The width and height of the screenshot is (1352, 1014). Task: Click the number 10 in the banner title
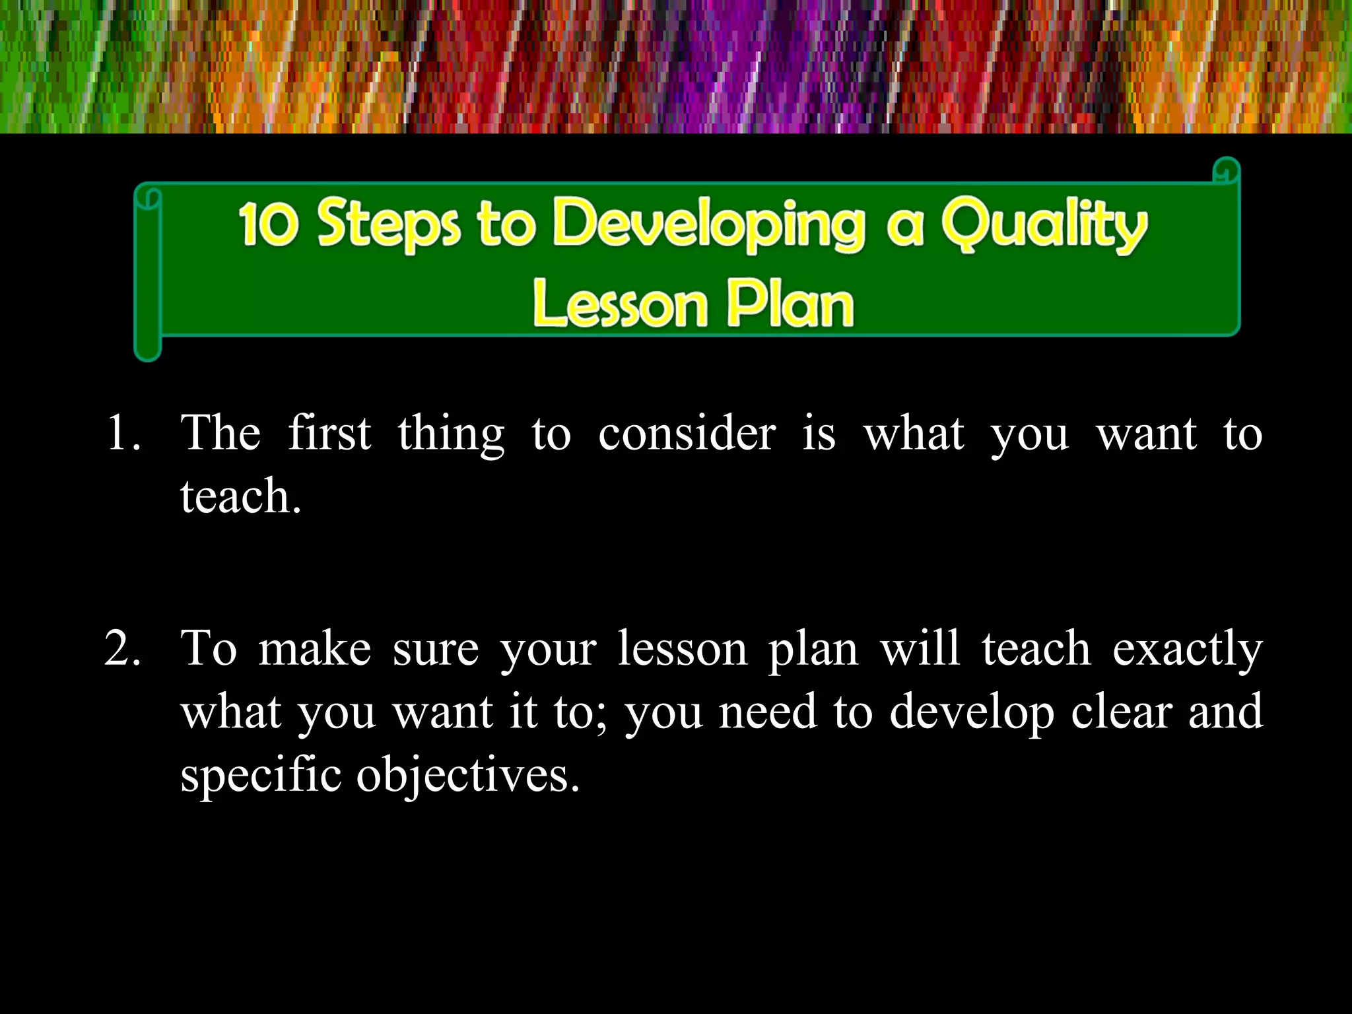269,224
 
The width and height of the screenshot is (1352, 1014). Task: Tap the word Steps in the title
388,224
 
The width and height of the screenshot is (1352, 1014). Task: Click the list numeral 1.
123,434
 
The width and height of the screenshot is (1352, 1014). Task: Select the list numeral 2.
123,648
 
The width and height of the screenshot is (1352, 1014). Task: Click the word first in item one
329,434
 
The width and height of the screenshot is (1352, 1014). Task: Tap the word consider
687,434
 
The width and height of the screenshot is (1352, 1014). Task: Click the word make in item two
314,648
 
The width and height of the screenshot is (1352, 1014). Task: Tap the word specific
261,775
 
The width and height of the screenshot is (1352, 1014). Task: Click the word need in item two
767,712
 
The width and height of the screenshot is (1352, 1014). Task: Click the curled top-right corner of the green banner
1227,170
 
